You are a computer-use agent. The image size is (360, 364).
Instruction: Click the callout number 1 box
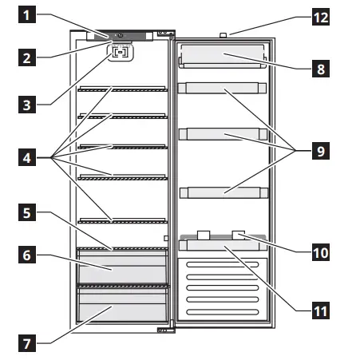point(27,15)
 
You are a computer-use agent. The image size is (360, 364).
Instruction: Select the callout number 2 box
point(27,57)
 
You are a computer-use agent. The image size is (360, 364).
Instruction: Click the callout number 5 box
point(27,214)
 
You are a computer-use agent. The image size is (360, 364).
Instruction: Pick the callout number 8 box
point(321,69)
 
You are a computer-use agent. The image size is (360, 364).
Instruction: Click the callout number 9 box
point(321,148)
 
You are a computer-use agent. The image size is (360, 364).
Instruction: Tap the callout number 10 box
point(321,251)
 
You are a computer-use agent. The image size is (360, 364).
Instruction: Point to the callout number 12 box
point(321,15)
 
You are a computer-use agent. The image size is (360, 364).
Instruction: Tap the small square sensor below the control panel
point(121,53)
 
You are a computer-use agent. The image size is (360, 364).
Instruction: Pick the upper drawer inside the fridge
point(122,266)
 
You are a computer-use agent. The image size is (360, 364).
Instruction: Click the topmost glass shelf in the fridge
point(121,89)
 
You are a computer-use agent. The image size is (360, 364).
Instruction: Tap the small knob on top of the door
point(223,34)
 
